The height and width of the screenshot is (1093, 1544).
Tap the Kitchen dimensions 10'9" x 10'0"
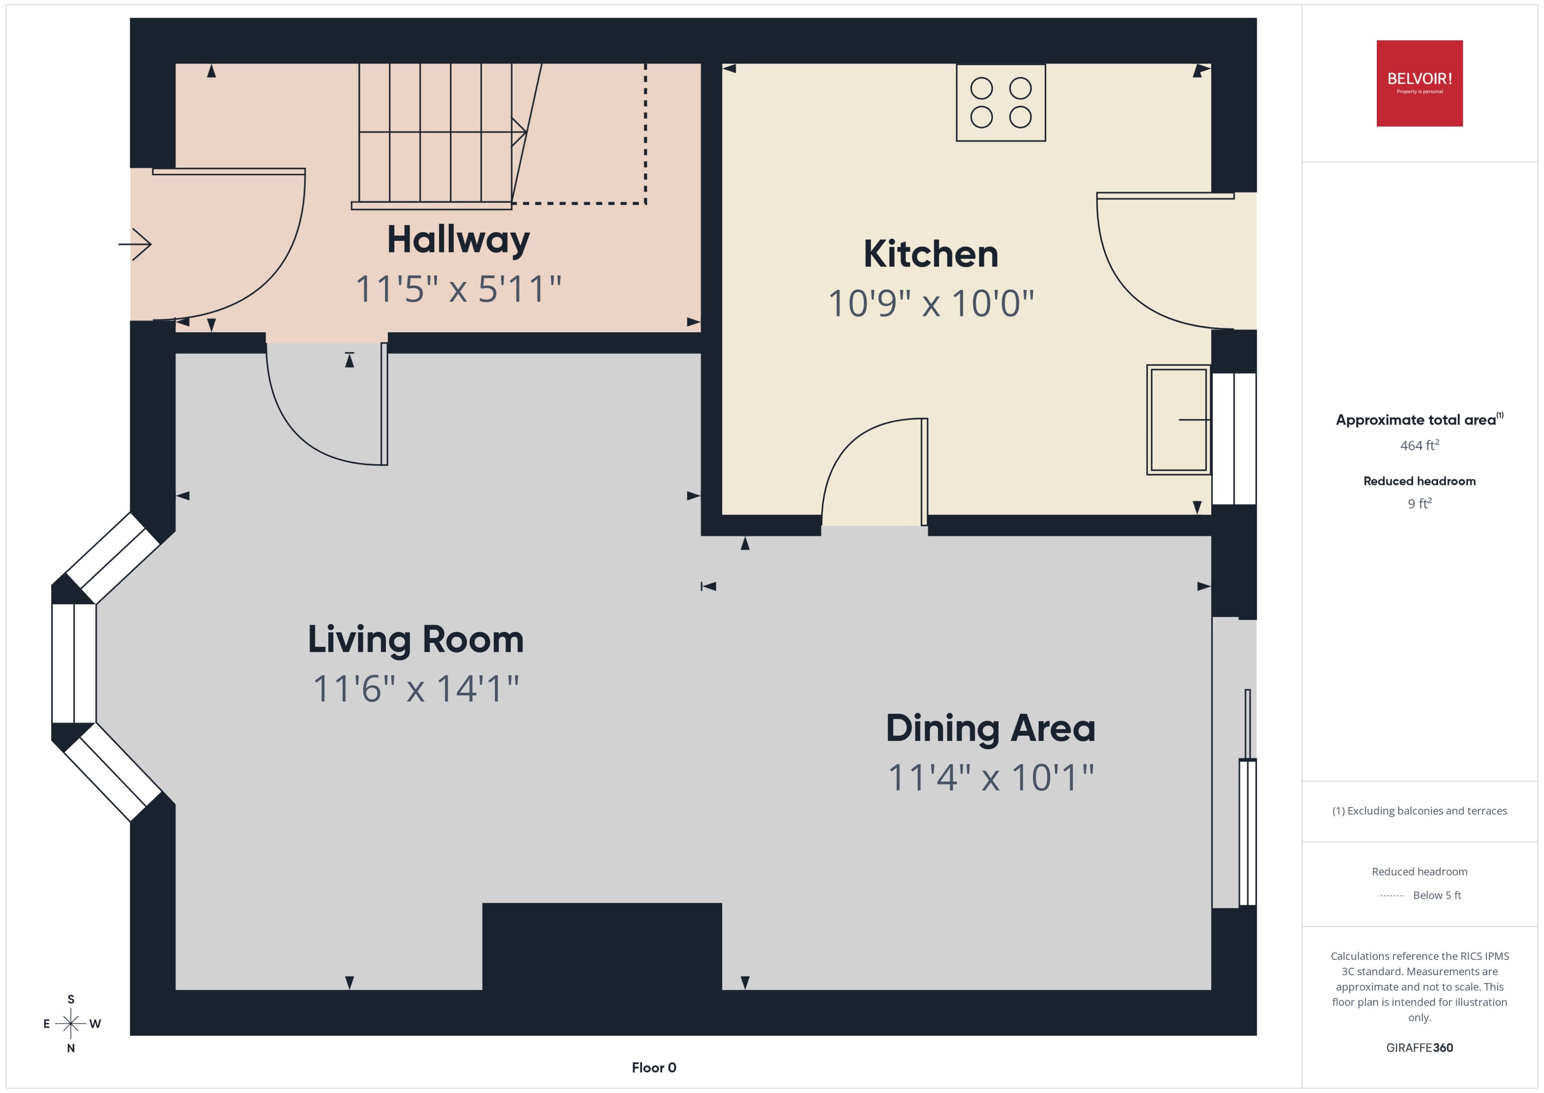pos(930,304)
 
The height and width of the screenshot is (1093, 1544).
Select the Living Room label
pos(415,639)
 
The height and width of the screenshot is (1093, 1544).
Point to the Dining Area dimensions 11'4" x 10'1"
pos(990,778)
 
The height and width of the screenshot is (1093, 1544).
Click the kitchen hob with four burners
pos(1001,103)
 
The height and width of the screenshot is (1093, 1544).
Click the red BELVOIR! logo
pos(1419,83)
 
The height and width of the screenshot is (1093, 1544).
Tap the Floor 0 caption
pos(653,1067)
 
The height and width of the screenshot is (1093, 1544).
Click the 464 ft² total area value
pos(1419,446)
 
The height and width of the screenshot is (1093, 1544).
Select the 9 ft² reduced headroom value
pos(1419,503)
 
